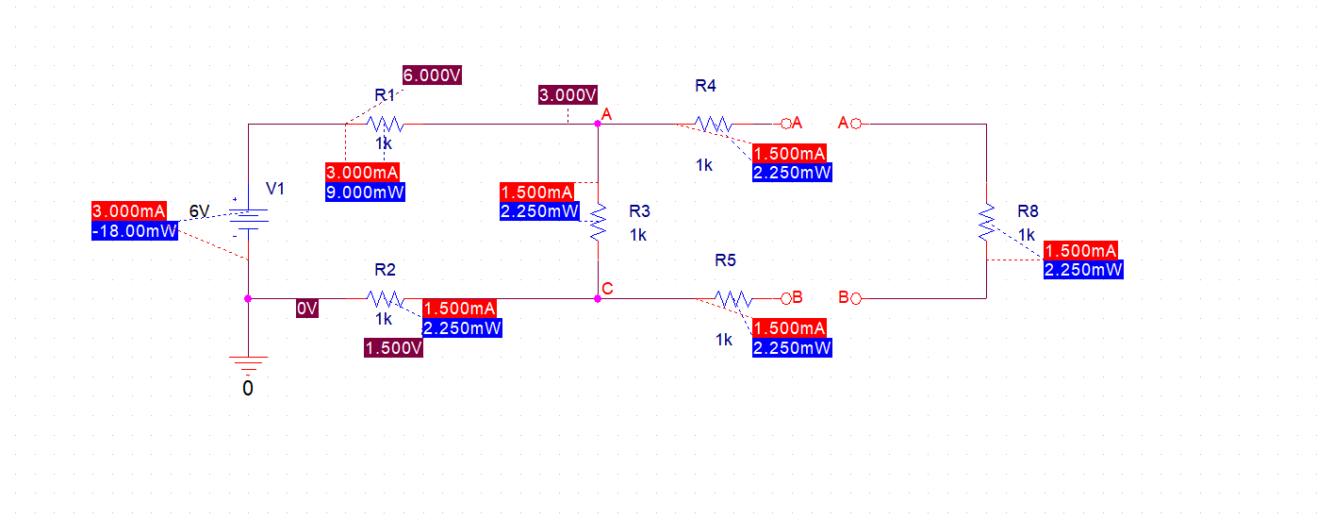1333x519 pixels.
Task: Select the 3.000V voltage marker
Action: pyautogui.click(x=568, y=94)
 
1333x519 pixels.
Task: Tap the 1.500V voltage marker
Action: pyautogui.click(x=393, y=348)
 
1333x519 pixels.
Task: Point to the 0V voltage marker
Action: pyautogui.click(x=307, y=309)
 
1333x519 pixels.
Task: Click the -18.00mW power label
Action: pyautogui.click(x=134, y=230)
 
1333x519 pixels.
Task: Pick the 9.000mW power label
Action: pyautogui.click(x=365, y=193)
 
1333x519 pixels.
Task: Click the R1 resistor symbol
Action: pyautogui.click(x=386, y=124)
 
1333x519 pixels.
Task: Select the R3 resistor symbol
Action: pyautogui.click(x=598, y=220)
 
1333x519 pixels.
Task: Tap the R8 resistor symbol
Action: pyautogui.click(x=986, y=221)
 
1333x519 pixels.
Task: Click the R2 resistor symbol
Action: pyautogui.click(x=385, y=298)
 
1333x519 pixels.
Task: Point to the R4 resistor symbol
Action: pyautogui.click(x=714, y=124)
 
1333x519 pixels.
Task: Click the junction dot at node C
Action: pyautogui.click(x=598, y=298)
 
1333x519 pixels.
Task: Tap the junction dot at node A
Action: pyautogui.click(x=598, y=124)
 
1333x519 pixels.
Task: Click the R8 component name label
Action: pyautogui.click(x=1028, y=210)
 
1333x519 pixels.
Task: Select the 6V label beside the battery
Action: pyautogui.click(x=199, y=211)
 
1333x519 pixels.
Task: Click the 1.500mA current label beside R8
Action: pyautogui.click(x=1080, y=250)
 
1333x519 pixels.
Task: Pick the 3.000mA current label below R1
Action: pyautogui.click(x=363, y=173)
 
